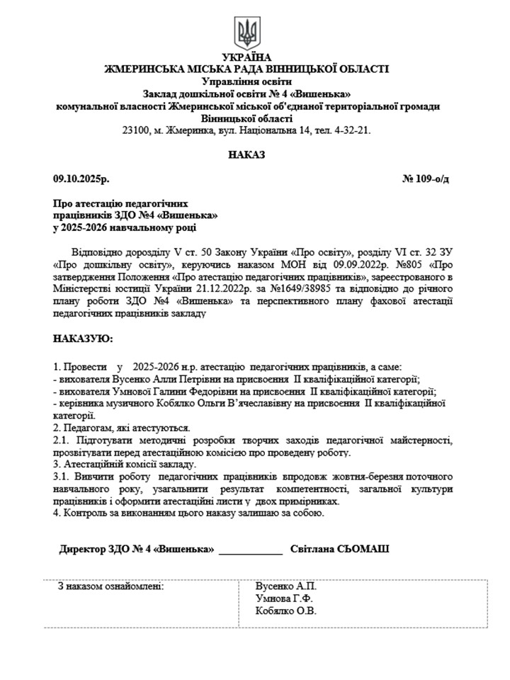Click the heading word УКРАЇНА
coord(246,57)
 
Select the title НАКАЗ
coord(246,154)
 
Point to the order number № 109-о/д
coord(425,179)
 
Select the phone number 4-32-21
coord(352,130)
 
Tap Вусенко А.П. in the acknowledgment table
coord(286,586)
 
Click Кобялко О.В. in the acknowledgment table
coord(286,611)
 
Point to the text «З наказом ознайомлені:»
coord(111,586)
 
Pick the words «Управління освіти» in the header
coord(246,81)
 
